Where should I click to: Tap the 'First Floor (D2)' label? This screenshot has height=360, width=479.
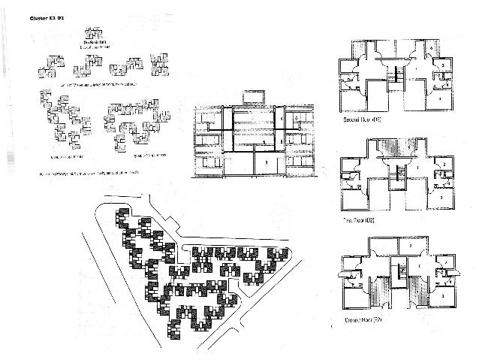(360, 220)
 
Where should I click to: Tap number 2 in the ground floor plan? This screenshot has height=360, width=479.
(411, 246)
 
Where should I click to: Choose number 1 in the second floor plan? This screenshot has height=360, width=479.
(412, 68)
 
